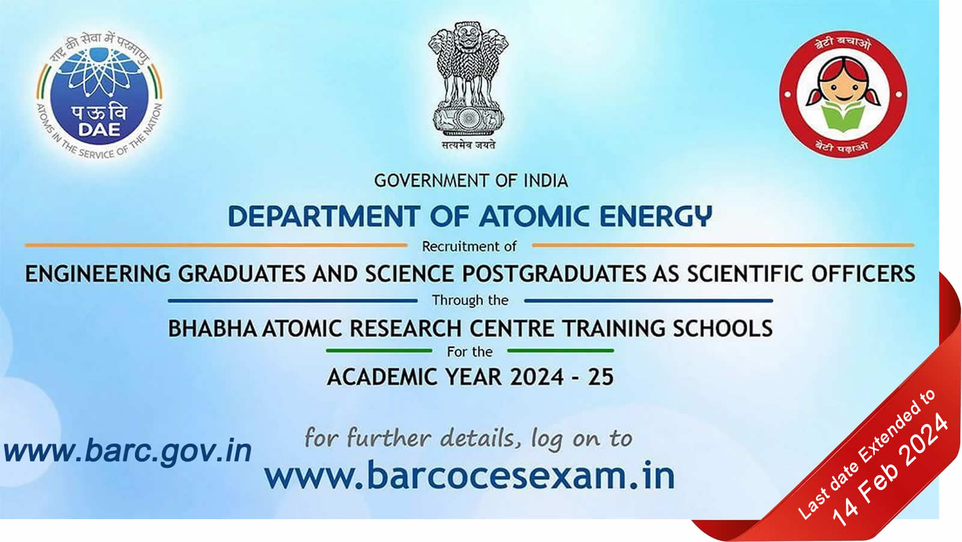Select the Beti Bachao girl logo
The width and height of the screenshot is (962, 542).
pos(843,95)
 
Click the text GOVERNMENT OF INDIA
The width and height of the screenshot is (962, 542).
pos(471,180)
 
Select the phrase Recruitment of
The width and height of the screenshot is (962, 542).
pos(469,247)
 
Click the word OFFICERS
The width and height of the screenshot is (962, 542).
pos(863,274)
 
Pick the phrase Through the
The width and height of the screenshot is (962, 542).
pos(470,300)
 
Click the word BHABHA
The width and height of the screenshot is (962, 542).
pos(212,328)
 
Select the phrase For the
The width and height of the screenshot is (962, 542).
pos(470,351)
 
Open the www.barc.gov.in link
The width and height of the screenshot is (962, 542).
pos(127,451)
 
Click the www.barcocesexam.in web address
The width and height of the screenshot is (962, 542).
pos(470,476)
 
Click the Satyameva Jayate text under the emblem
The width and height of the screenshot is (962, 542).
pos(468,145)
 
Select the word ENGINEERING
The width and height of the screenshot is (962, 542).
pos(97,274)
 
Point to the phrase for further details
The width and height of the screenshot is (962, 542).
pos(409,438)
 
